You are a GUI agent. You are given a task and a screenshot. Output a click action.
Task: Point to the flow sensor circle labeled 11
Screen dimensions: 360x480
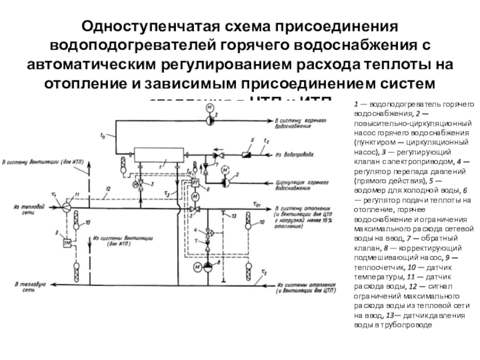coord(67,204)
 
